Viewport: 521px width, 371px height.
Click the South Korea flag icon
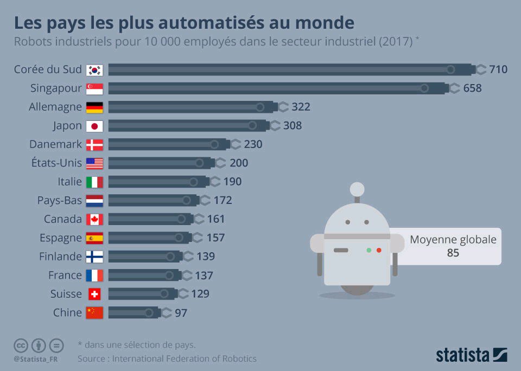tap(94, 69)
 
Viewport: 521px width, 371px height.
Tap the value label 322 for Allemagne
tap(301, 107)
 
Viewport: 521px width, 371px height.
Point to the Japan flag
tap(94, 126)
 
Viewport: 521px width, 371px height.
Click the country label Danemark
tap(55, 144)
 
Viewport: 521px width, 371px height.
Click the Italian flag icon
tap(94, 182)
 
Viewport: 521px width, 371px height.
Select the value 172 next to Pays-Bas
tap(223, 201)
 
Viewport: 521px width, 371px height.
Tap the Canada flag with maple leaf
tap(94, 219)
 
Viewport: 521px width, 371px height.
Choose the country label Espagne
tap(60, 238)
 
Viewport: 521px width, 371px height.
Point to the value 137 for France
tap(204, 276)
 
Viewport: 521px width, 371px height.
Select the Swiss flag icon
tap(94, 294)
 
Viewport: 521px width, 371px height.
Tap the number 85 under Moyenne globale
tap(453, 253)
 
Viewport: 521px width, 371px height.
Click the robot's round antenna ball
tap(357, 189)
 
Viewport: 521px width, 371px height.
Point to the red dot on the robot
tap(379, 250)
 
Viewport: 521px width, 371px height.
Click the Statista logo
tap(471, 355)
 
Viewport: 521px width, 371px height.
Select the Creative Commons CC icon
tap(21, 345)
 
